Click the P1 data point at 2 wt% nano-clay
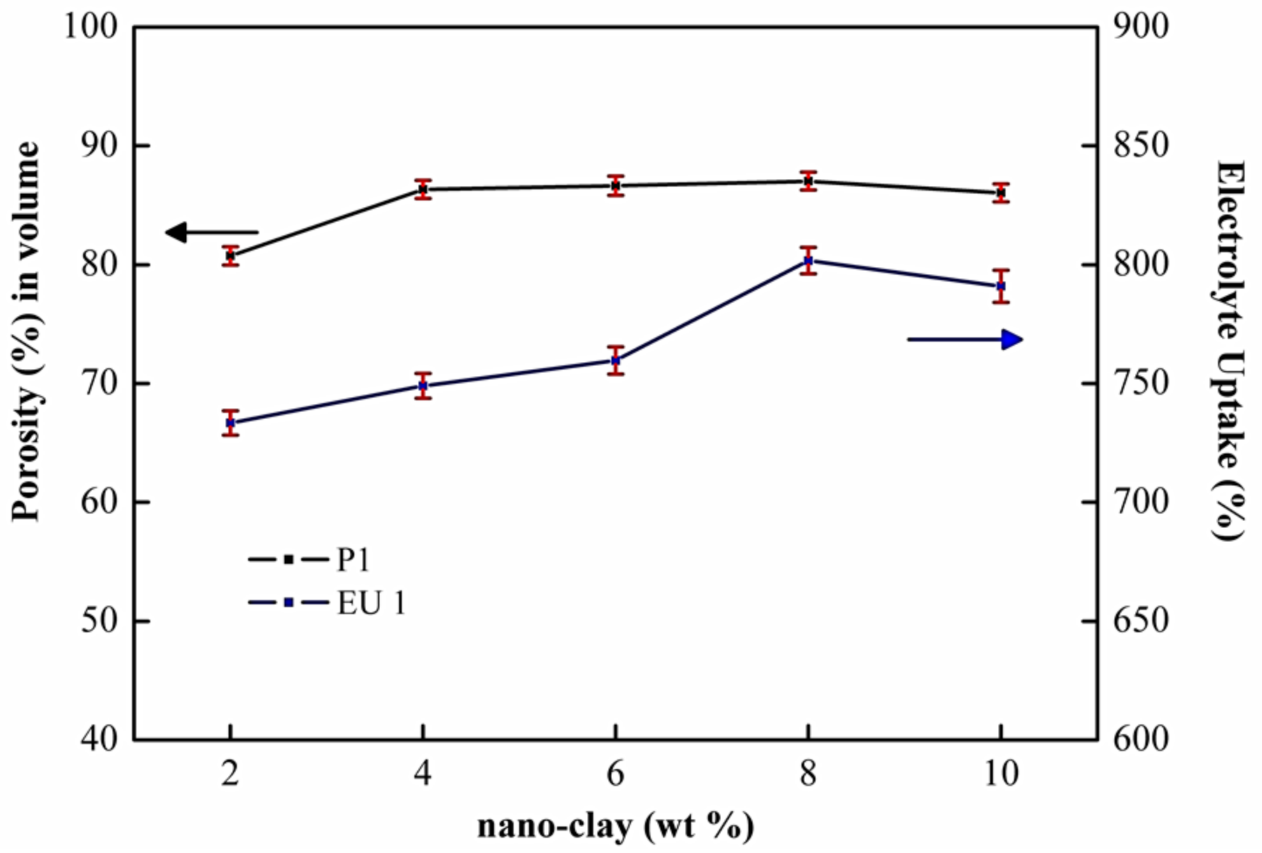231,256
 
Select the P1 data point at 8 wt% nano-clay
808,181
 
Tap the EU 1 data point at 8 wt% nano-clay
808,261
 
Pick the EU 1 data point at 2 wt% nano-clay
231,423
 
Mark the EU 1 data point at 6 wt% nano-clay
616,360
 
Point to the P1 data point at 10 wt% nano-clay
1001,192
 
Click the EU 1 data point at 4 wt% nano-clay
423,386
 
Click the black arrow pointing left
210,232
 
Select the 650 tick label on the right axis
1140,620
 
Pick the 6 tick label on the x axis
616,773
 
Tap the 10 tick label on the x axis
1001,773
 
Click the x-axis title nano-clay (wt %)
616,827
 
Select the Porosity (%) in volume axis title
27,332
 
